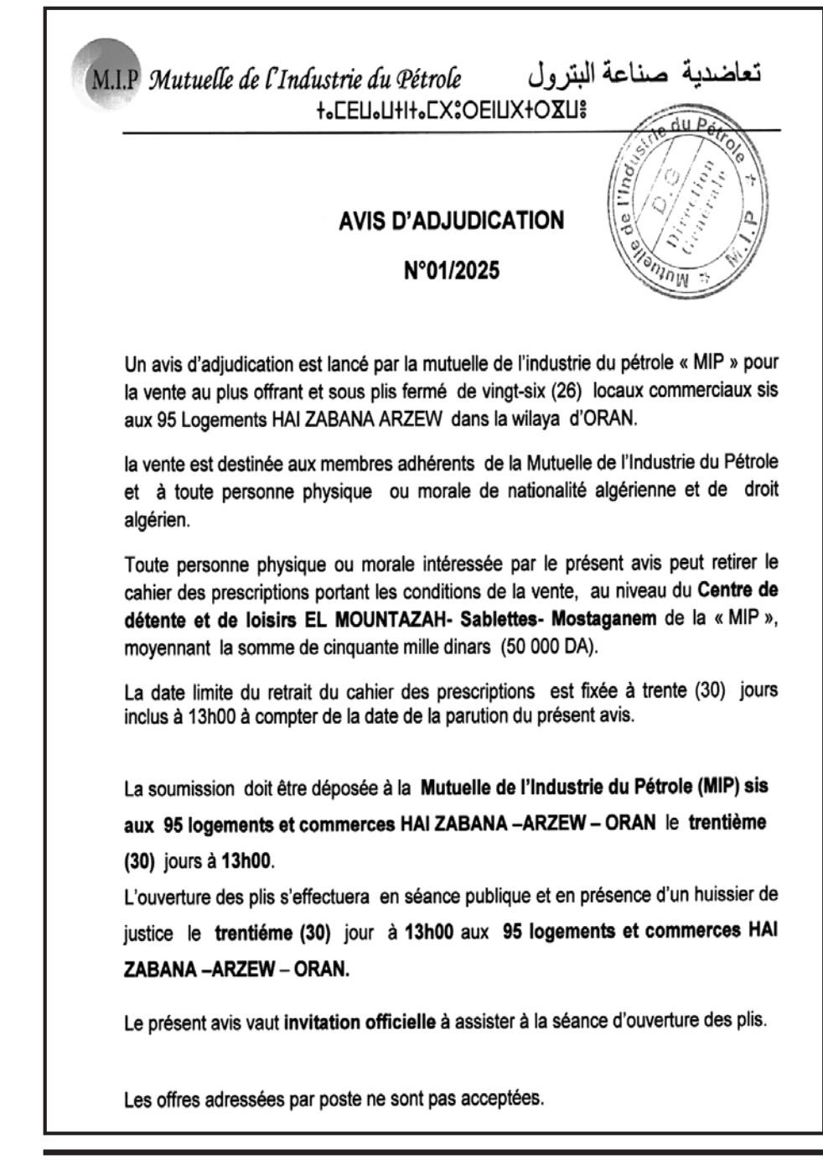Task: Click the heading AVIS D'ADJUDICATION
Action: pyautogui.click(x=451, y=221)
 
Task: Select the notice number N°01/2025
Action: pyautogui.click(x=451, y=271)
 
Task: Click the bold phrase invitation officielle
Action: pyautogui.click(x=360, y=1022)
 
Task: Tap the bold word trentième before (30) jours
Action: pyautogui.click(x=727, y=823)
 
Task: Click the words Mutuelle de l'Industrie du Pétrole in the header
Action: pyautogui.click(x=305, y=80)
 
